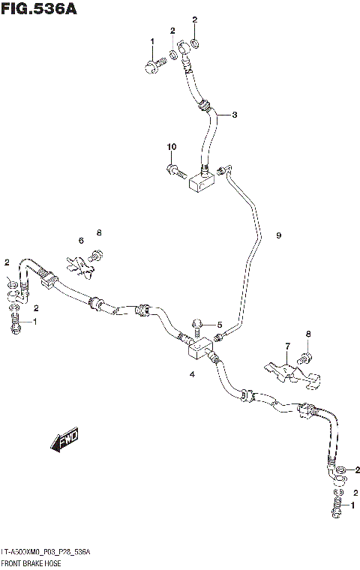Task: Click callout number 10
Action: coord(171,146)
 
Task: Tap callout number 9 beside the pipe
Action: coord(278,235)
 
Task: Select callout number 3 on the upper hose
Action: coord(235,115)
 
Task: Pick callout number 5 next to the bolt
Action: coord(220,324)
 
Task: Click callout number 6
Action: coord(80,240)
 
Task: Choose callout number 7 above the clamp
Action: coord(286,346)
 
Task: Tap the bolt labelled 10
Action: coord(174,169)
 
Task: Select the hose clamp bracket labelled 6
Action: coord(81,264)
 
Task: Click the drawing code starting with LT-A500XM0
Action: coord(47,551)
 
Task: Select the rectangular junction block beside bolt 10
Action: coord(201,179)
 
